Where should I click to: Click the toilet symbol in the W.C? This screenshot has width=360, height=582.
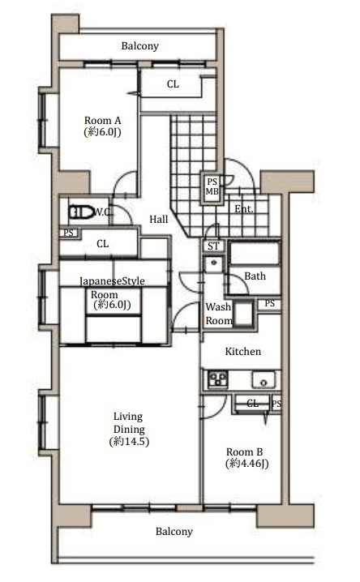(x=81, y=212)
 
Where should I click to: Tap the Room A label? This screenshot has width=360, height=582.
(x=103, y=121)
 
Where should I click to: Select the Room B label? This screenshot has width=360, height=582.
(x=245, y=452)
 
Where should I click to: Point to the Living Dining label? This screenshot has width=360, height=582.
(x=129, y=423)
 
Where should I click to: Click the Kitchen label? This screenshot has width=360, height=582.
(x=243, y=352)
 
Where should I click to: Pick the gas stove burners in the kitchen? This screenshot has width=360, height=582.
(x=218, y=379)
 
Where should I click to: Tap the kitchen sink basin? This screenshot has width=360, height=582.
(x=264, y=379)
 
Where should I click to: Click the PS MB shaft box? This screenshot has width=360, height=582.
(x=212, y=186)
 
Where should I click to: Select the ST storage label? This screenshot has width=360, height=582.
(x=213, y=246)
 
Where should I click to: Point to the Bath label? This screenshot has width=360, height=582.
(x=255, y=276)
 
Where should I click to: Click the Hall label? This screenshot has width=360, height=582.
(x=159, y=220)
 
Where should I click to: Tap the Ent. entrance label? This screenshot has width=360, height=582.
(x=244, y=209)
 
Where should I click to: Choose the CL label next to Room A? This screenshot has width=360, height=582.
(x=173, y=84)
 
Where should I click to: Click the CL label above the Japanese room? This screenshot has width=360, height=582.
(x=102, y=244)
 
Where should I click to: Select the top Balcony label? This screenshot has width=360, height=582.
(x=140, y=46)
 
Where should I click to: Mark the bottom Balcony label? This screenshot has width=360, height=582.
(x=174, y=532)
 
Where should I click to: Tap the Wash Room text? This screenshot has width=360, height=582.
(x=219, y=314)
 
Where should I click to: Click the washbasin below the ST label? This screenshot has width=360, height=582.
(x=213, y=263)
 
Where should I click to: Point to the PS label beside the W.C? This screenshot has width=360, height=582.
(x=69, y=233)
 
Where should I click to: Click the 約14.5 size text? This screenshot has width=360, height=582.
(x=129, y=441)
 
